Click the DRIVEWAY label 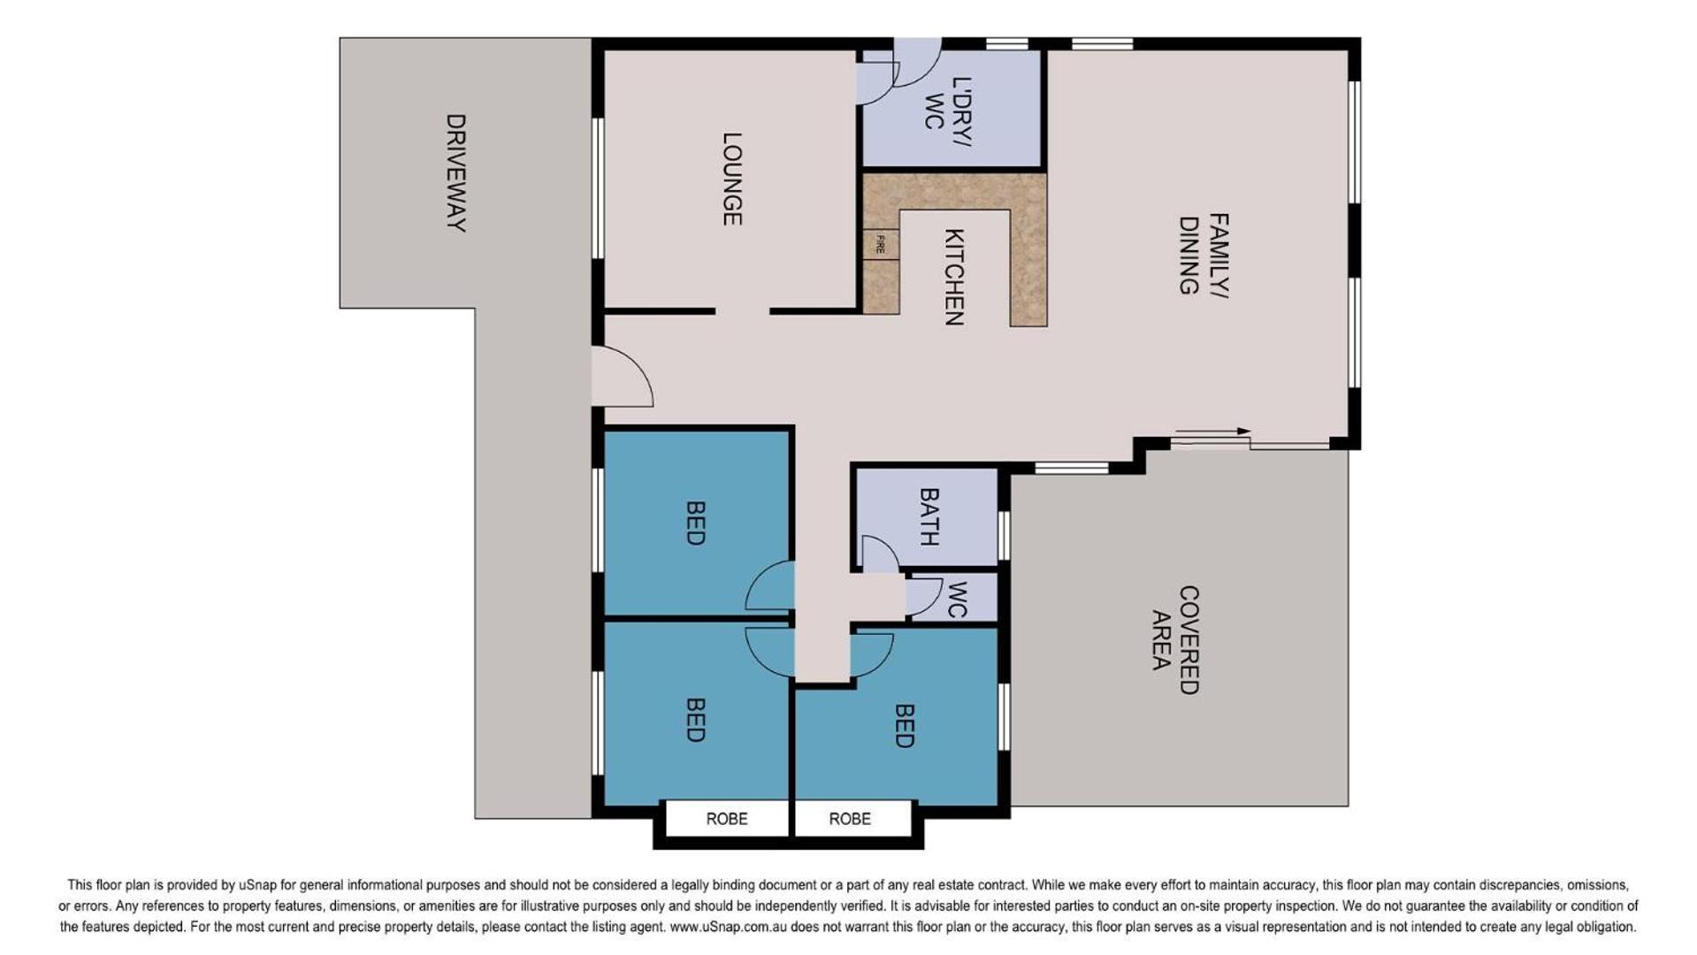pos(455,172)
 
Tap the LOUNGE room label pos(731,179)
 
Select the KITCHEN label pos(953,277)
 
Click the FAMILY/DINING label pos(1204,254)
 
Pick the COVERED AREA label pos(1175,639)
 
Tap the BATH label pos(929,516)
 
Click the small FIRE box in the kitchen pos(881,245)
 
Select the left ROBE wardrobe pos(726,818)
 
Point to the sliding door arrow pos(1212,432)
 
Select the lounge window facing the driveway pos(598,187)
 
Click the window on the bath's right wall pos(1004,535)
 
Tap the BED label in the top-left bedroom pos(695,523)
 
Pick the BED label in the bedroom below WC pos(903,725)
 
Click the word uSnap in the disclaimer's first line pos(256,884)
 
